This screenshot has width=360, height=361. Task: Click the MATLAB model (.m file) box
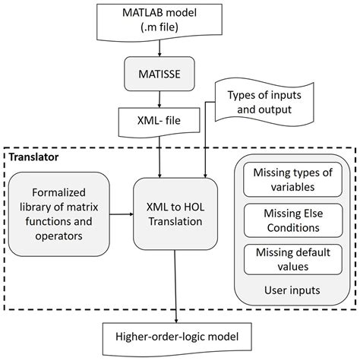coord(158,21)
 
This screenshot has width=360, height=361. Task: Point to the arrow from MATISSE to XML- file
coord(158,98)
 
